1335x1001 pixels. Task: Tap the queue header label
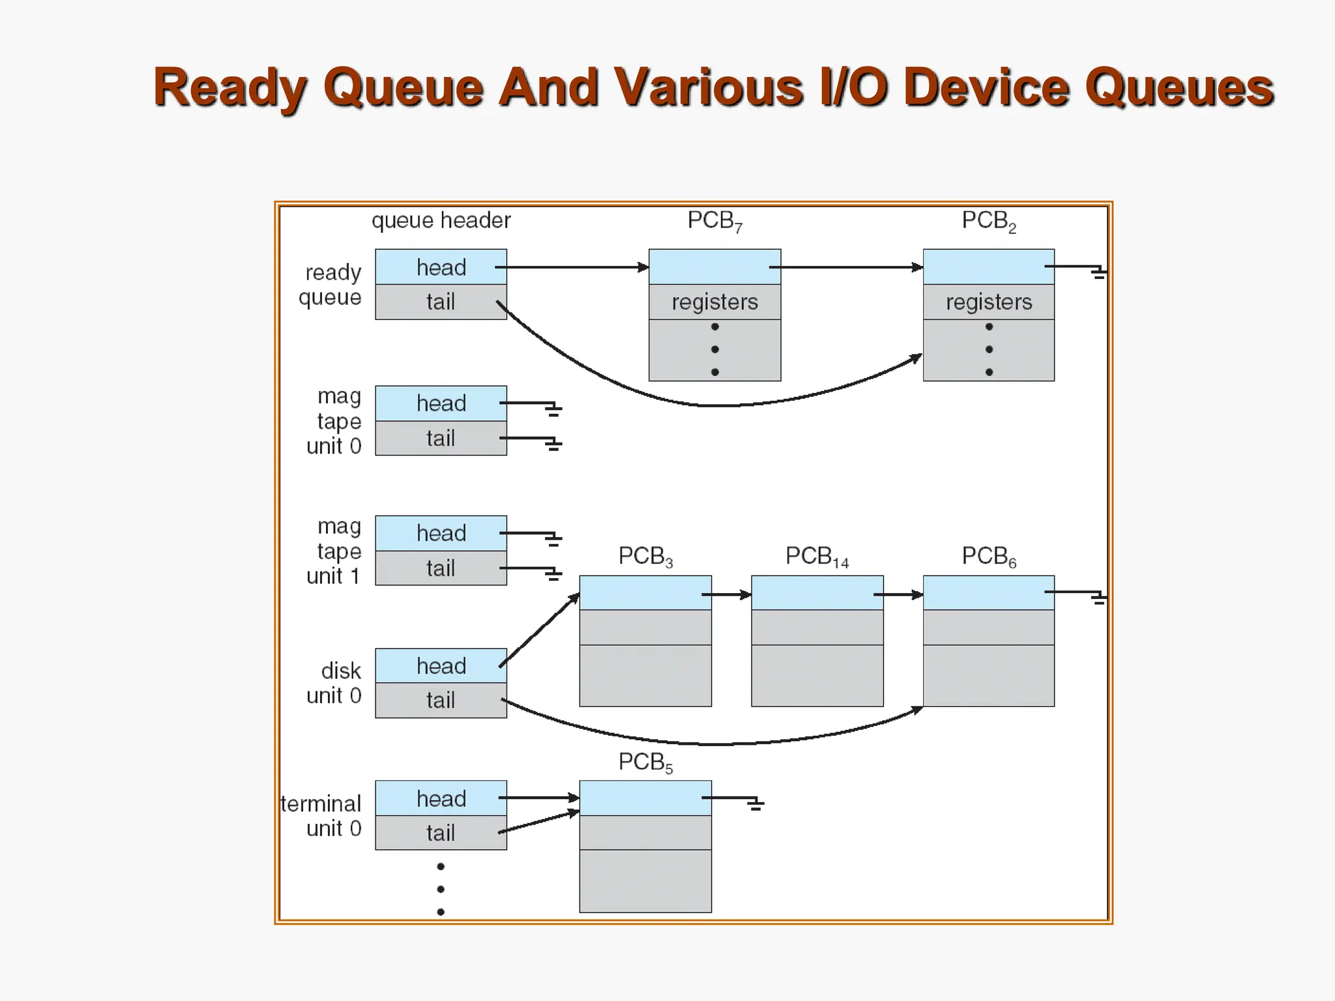[441, 220]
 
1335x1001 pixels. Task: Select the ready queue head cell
[441, 267]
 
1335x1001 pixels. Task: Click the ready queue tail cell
[441, 302]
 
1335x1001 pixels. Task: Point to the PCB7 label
[714, 222]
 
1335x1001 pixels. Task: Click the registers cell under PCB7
[714, 302]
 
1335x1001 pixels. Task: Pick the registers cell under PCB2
[988, 302]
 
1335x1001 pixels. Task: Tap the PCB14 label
[817, 557]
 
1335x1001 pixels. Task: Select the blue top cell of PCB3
[645, 592]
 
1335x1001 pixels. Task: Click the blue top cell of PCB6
[988, 592]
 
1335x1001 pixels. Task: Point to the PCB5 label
[645, 762]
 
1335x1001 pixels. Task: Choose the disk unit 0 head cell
[441, 666]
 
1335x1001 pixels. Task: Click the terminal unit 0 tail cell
[441, 833]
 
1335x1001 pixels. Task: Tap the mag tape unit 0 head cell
[441, 403]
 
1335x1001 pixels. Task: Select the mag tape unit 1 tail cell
[441, 568]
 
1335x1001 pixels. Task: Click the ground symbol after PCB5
[755, 804]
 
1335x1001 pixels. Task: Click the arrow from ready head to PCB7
[574, 267]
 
